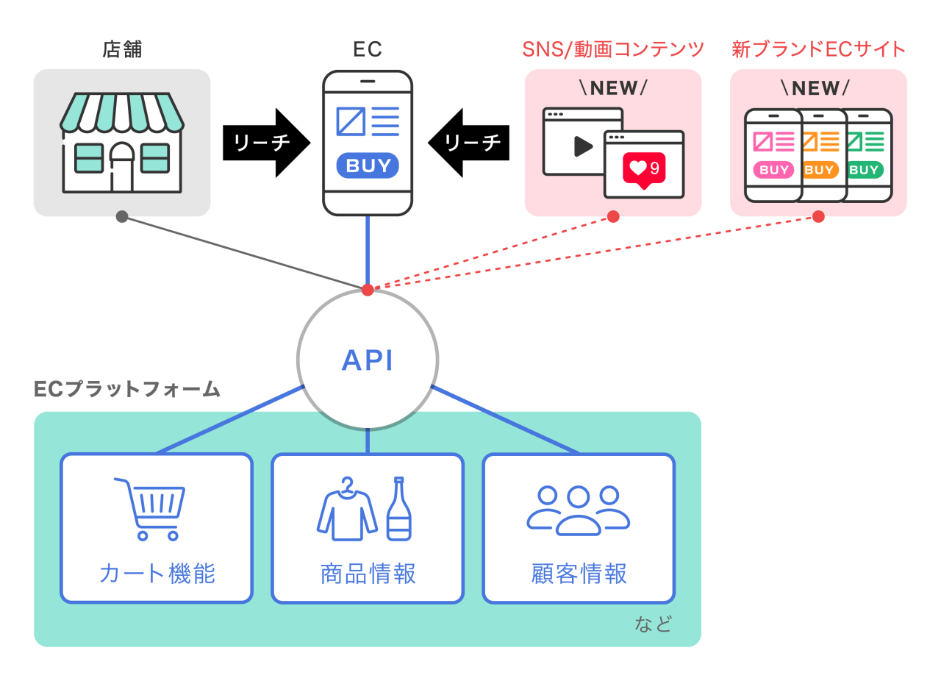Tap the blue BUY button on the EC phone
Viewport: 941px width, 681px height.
(x=368, y=165)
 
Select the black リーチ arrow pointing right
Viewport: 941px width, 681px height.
(x=266, y=143)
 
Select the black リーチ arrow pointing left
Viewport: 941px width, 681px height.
(x=469, y=143)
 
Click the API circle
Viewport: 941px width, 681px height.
(x=368, y=360)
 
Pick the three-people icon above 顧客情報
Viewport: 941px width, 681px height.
(x=579, y=509)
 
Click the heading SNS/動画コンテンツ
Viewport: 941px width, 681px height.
(x=613, y=49)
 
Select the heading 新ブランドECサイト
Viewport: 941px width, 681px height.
(x=818, y=49)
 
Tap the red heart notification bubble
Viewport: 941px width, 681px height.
(x=644, y=170)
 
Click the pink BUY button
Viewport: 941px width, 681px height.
(x=773, y=170)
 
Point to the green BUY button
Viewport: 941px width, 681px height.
(x=865, y=170)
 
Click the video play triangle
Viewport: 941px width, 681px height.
(x=583, y=146)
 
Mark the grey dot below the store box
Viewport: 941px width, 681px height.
(x=122, y=216)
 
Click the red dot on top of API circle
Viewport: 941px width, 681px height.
(x=368, y=290)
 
